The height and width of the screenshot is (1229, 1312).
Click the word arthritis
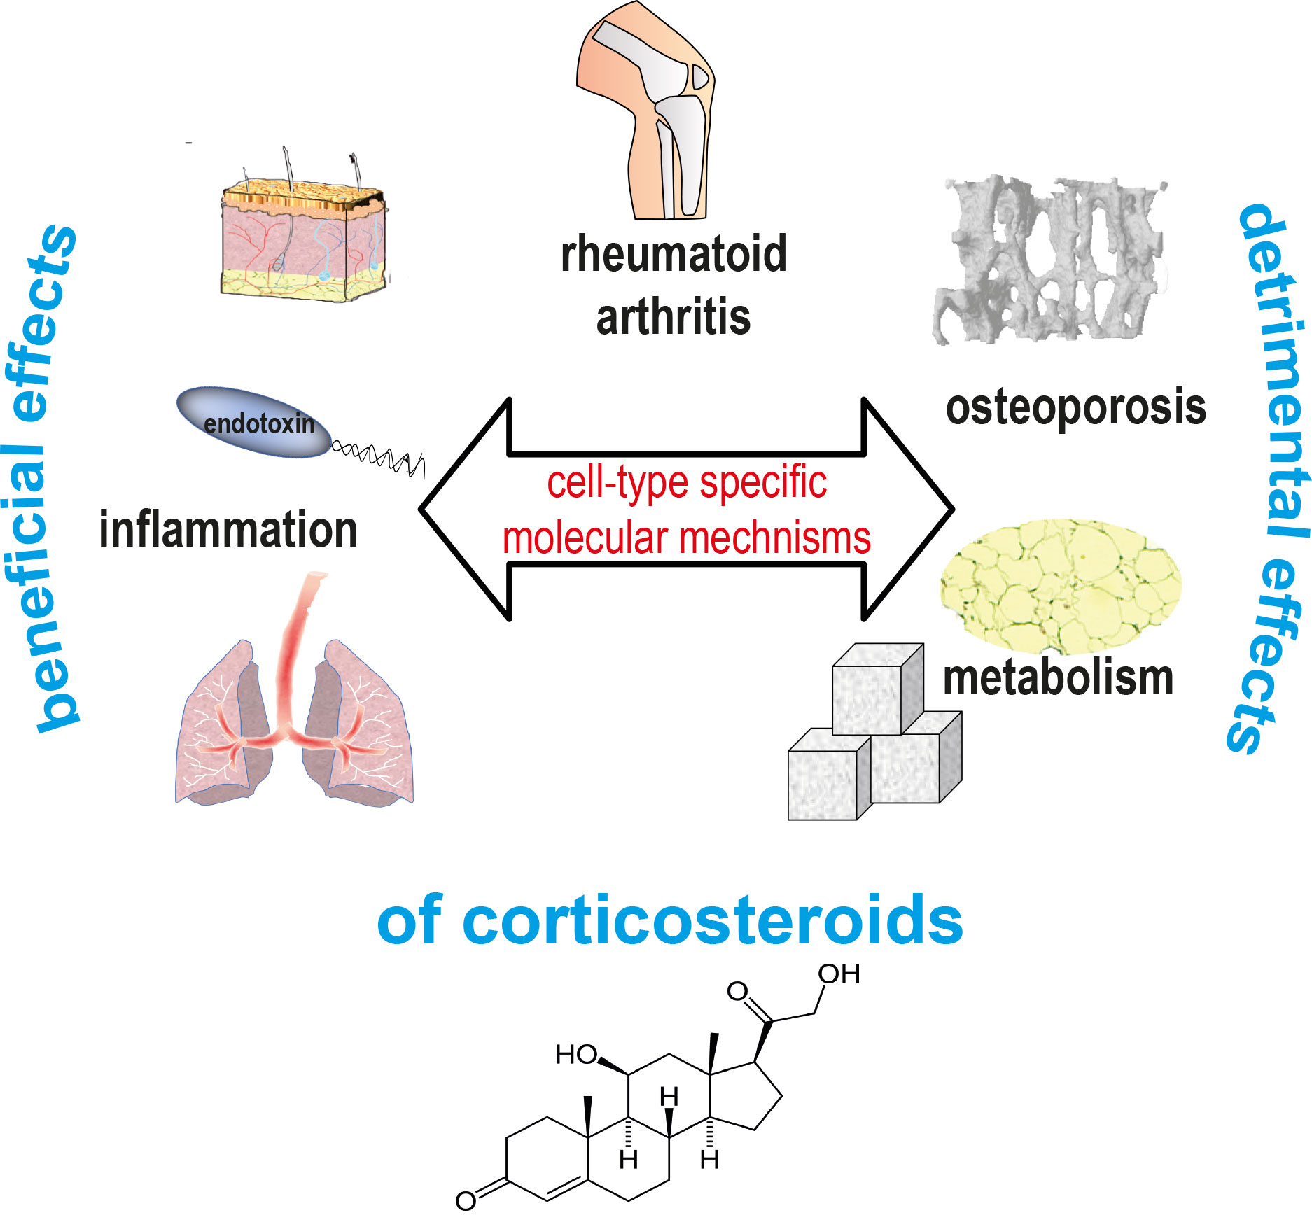pos(674,317)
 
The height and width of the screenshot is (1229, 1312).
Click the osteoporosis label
pos(1075,407)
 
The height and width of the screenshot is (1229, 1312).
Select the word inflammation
pos(228,530)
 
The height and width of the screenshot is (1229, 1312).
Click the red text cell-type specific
pos(686,483)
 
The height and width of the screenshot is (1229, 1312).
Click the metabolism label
pos(1058,678)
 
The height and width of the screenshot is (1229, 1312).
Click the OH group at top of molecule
pos(839,974)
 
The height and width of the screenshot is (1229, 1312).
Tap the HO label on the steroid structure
pos(576,1055)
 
